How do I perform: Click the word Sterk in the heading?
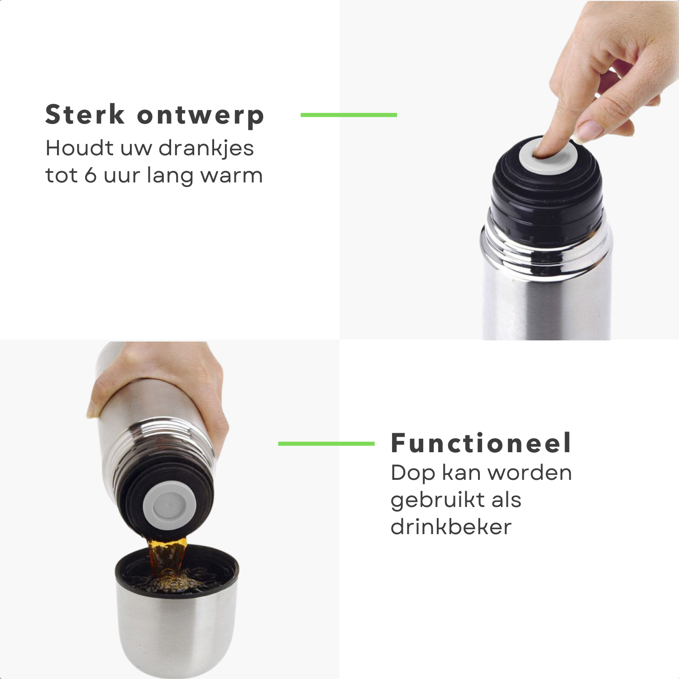(x=85, y=114)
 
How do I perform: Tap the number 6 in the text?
(x=91, y=175)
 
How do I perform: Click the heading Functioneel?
(x=481, y=443)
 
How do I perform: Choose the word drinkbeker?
(x=451, y=526)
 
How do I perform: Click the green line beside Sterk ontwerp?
(x=349, y=115)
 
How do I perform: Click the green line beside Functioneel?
(x=326, y=444)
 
